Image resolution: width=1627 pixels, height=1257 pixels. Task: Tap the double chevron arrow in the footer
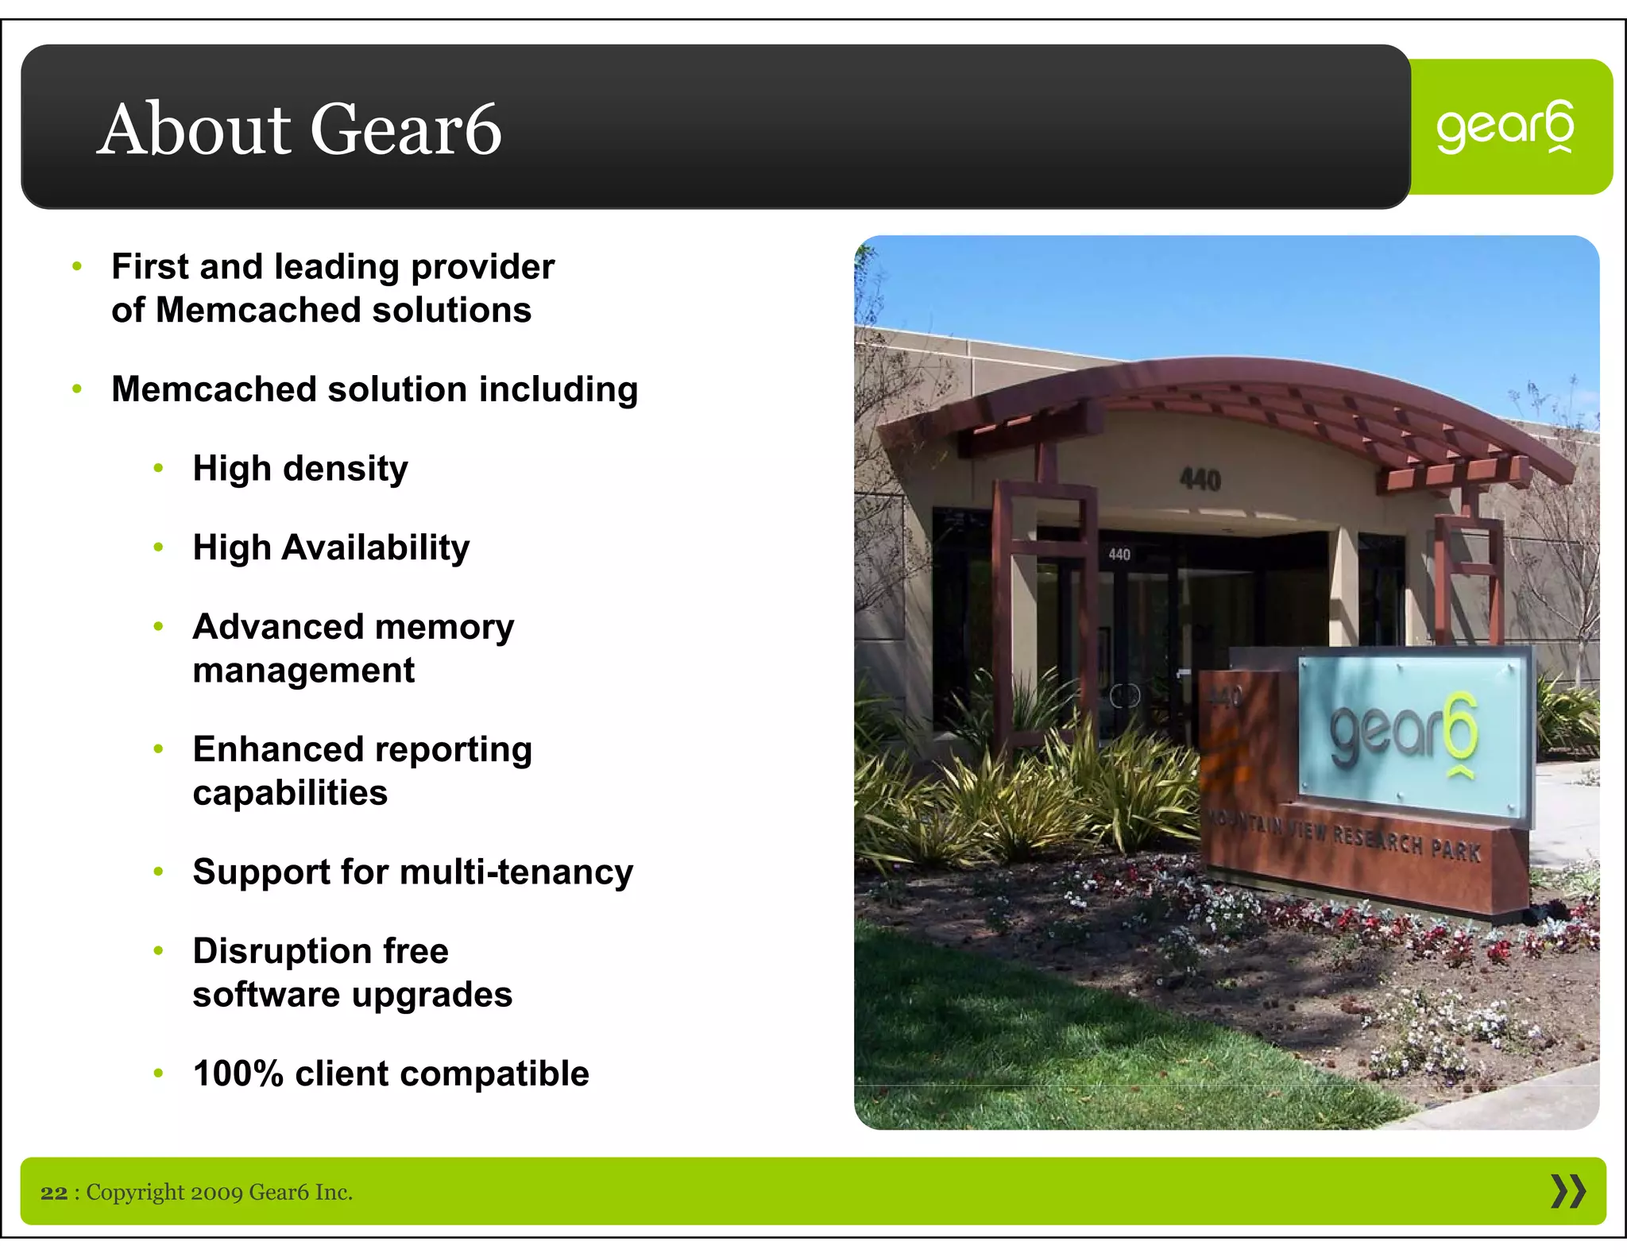pos(1567,1192)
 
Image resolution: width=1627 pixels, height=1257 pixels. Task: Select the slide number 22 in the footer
pos(54,1193)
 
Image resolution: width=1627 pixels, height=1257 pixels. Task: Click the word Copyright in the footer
pos(135,1193)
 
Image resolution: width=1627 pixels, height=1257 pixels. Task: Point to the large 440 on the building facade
pos(1200,479)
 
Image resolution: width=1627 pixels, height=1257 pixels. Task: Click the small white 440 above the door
pos(1119,554)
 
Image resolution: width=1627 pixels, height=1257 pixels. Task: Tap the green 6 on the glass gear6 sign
pos(1460,727)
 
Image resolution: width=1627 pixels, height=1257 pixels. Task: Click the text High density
pos(300,468)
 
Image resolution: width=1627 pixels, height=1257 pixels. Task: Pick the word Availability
pos(375,547)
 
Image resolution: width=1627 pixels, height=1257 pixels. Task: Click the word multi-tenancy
pos(516,872)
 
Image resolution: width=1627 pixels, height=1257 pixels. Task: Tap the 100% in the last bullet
pos(238,1073)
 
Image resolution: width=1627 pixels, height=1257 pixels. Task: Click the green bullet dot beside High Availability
pos(158,547)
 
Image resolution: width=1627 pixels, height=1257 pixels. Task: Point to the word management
pos(303,671)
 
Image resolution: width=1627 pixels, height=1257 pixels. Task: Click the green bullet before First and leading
pos(77,267)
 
